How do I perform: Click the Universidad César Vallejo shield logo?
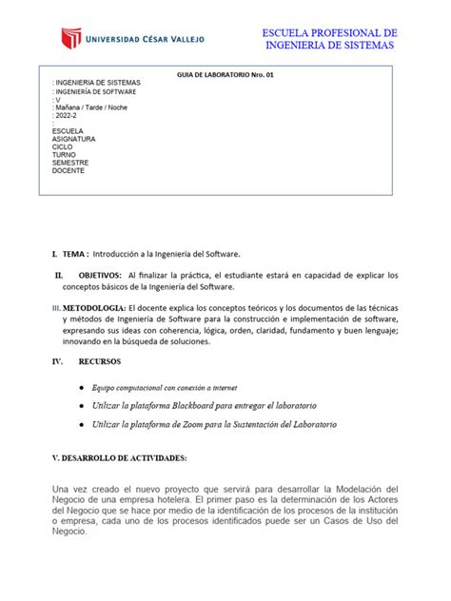[71, 39]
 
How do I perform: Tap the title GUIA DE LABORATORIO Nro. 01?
[225, 74]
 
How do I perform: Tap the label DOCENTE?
[69, 170]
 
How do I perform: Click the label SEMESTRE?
[70, 163]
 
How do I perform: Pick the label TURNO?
[65, 154]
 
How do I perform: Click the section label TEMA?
[74, 254]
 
